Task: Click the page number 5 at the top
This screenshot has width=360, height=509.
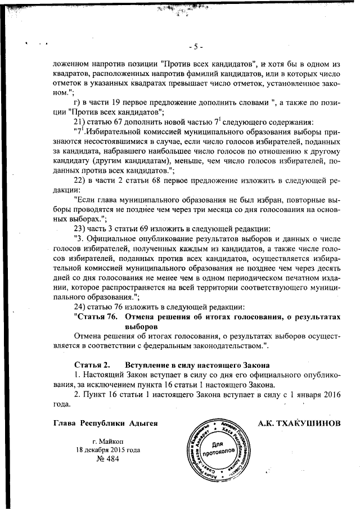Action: click(196, 46)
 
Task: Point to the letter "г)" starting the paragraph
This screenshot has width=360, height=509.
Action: click(78, 103)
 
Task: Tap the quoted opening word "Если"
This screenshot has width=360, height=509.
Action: click(88, 200)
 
